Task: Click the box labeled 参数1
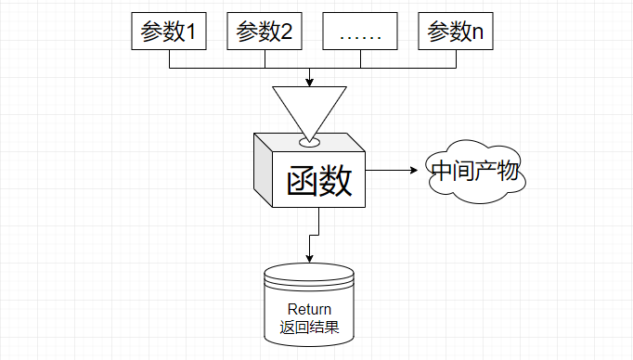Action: coord(169,32)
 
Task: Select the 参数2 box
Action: coord(265,32)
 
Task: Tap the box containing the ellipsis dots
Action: coord(360,32)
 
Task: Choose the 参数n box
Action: coord(456,32)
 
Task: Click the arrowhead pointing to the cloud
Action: coord(417,170)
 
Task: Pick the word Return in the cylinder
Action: coord(309,309)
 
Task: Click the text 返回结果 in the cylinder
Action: coord(309,328)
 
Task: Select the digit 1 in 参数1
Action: coord(192,33)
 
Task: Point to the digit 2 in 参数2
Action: coord(287,33)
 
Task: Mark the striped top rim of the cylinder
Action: coord(309,275)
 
